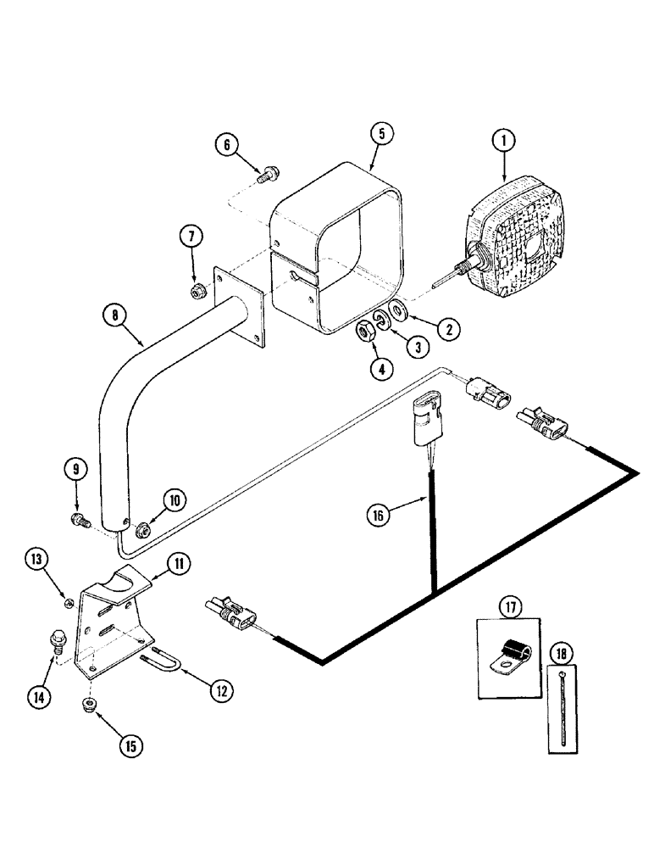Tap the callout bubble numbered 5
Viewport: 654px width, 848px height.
(x=381, y=133)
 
